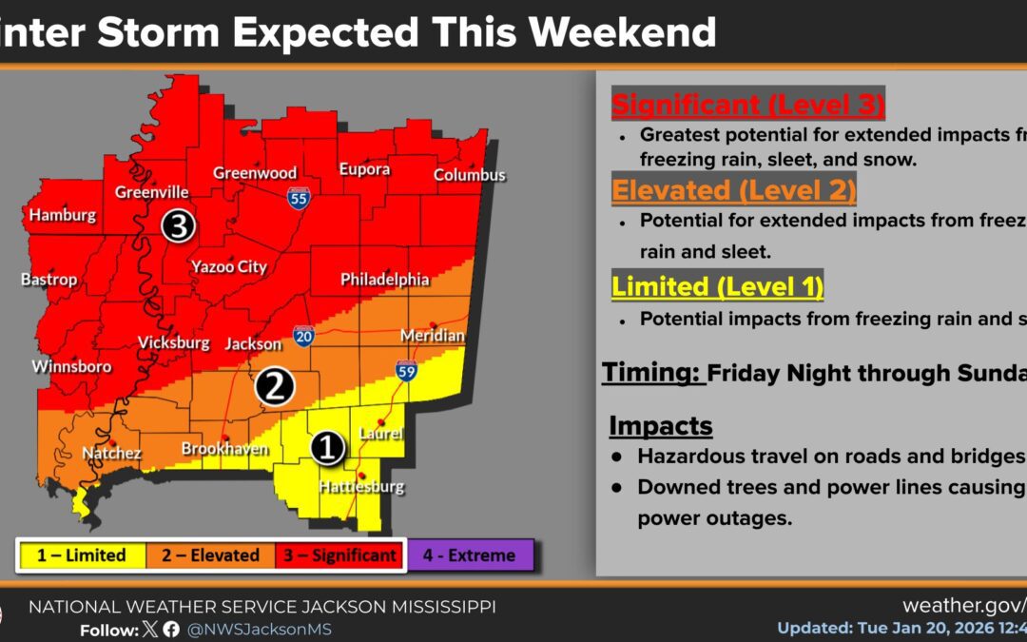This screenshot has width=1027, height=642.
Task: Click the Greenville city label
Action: point(152,192)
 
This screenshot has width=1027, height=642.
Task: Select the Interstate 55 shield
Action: point(299,198)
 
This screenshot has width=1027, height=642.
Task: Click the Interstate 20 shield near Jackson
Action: point(304,335)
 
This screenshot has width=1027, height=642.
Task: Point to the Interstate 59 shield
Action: point(406,370)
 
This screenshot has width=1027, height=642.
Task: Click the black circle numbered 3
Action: point(178,225)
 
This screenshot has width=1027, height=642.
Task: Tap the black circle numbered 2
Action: point(274,387)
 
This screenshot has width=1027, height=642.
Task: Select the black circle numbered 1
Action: point(328,447)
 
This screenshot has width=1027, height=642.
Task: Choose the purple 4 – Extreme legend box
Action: point(469,554)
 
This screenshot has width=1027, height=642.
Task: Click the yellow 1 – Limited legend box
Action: point(82,554)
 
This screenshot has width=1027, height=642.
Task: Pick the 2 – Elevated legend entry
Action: point(210,554)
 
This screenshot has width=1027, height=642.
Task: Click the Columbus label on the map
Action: point(469,175)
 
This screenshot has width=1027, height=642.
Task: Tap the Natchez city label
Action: point(113,454)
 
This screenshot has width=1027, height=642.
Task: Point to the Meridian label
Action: point(433,336)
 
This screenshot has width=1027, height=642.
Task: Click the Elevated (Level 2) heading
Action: point(733,189)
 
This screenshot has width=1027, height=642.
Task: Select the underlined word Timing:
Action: point(652,373)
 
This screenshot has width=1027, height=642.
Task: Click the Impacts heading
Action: point(661,424)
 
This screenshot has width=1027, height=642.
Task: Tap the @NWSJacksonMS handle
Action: point(259,630)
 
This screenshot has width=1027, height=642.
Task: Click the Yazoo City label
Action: point(229,267)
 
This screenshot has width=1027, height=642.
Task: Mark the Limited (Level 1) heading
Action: point(717,285)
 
